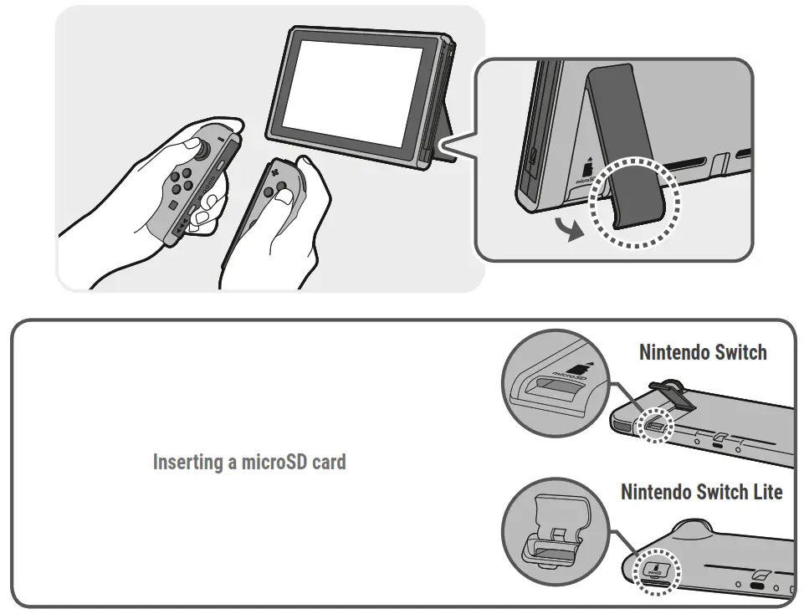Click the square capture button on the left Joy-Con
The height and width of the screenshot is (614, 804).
[172, 204]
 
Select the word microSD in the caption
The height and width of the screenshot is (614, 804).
[274, 462]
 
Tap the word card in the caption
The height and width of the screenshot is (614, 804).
[328, 462]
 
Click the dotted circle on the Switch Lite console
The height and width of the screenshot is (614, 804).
[657, 571]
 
